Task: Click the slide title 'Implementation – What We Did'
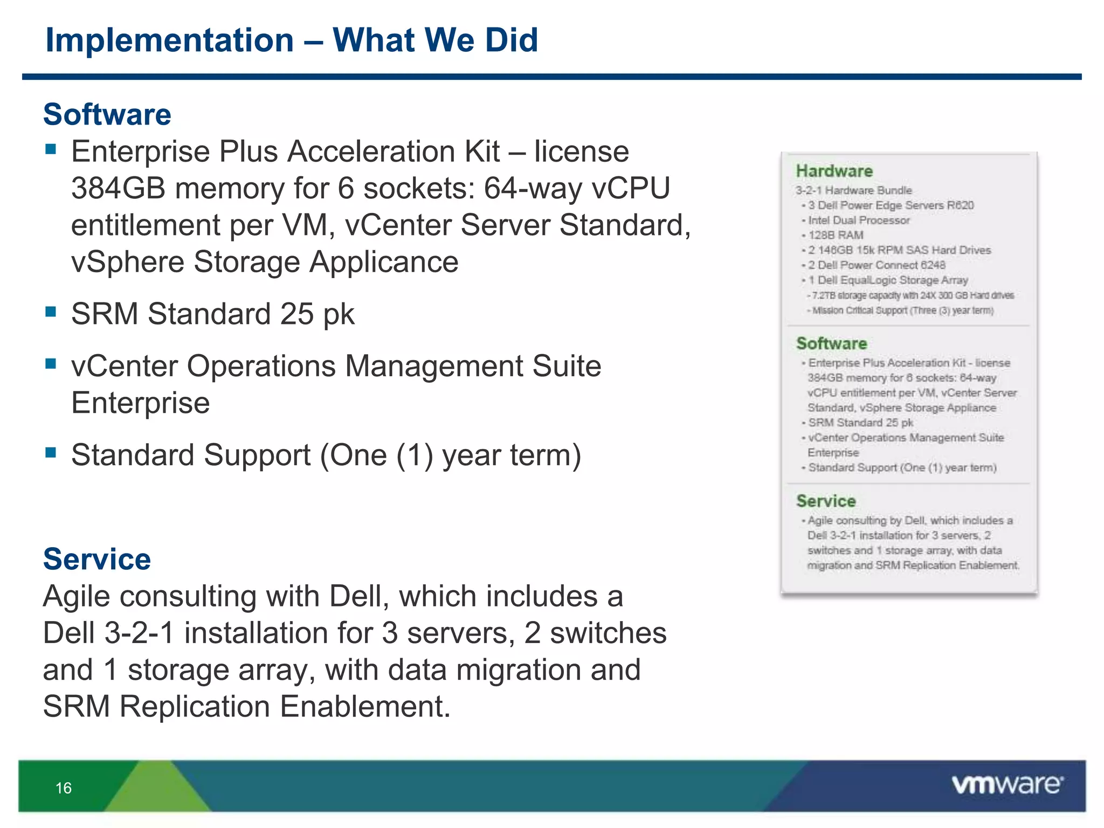pos(292,40)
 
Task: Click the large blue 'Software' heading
pos(107,114)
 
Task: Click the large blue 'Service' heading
pos(97,559)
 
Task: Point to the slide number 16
pos(64,788)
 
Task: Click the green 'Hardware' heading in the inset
pos(834,171)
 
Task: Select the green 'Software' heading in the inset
pos(831,343)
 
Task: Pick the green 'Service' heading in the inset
pos(826,501)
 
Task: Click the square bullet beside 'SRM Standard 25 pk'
pos(51,311)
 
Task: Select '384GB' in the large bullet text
pos(118,189)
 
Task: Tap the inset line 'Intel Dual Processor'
pos(859,220)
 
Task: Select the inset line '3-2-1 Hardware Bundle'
pos(854,190)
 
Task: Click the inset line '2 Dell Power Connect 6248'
pos(877,265)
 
